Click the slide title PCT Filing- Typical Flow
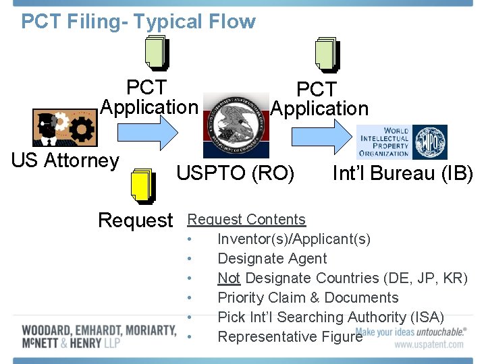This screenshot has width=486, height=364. click(x=138, y=22)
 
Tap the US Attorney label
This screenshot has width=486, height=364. click(x=65, y=161)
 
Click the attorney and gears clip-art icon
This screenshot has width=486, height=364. click(x=64, y=127)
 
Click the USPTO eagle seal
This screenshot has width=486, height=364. click(x=236, y=125)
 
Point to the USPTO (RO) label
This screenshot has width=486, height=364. click(x=236, y=173)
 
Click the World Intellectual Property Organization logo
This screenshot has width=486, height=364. click(x=401, y=142)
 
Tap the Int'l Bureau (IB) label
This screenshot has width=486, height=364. click(x=402, y=173)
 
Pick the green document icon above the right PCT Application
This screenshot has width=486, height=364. click(x=328, y=54)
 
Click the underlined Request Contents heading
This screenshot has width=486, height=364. click(x=246, y=219)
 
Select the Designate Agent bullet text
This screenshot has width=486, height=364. click(x=271, y=258)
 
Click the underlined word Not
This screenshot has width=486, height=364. click(x=229, y=278)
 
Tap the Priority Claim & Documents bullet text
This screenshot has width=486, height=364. click(x=308, y=297)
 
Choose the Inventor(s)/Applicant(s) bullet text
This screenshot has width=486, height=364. click(x=294, y=239)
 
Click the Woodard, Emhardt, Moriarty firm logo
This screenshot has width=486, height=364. click(x=99, y=337)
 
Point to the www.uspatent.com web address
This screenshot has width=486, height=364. click(x=429, y=344)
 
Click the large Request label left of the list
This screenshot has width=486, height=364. click(x=136, y=220)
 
